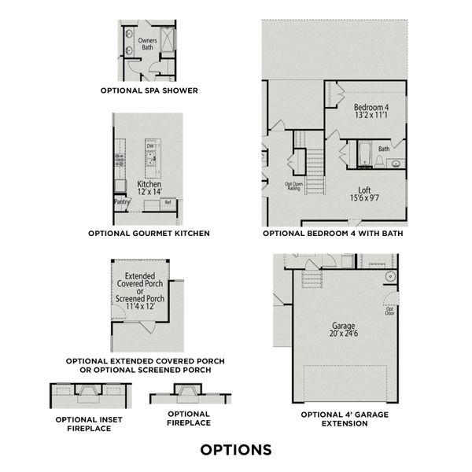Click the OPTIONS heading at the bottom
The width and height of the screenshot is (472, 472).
click(x=236, y=450)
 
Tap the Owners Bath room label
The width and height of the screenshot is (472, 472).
click(x=147, y=44)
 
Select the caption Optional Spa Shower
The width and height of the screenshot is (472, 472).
click(x=149, y=90)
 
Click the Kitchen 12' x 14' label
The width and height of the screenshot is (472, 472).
click(x=149, y=188)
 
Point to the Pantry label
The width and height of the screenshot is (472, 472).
click(x=122, y=202)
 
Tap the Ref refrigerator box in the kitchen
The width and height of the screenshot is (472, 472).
click(x=168, y=203)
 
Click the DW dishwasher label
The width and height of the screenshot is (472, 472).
click(x=149, y=146)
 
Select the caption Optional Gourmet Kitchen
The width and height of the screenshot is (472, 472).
click(x=149, y=234)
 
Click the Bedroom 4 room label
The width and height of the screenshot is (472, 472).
click(x=371, y=111)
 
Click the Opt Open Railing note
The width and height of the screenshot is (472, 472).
click(x=293, y=186)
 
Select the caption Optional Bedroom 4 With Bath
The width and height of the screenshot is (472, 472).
click(x=334, y=234)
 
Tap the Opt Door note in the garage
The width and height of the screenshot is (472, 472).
click(x=389, y=312)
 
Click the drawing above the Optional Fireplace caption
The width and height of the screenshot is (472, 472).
click(x=189, y=393)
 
